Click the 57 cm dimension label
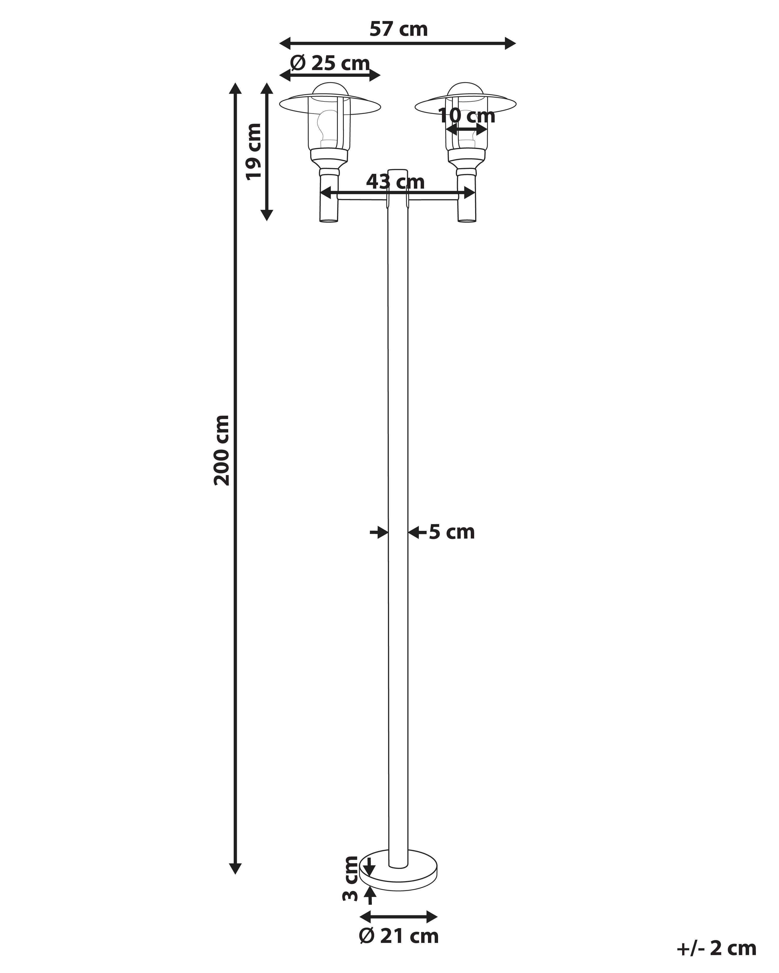398,30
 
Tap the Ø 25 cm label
330,63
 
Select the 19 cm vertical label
254,151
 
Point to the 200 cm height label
222,450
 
